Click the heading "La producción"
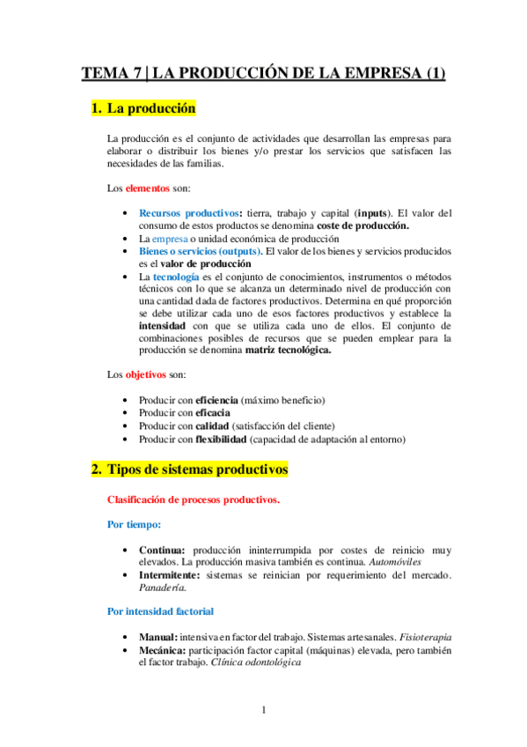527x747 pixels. pyautogui.click(x=150, y=109)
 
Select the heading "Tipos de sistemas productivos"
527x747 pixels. pyautogui.click(x=196, y=470)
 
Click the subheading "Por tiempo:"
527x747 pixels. pyautogui.click(x=134, y=524)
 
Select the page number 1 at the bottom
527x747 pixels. pyautogui.click(x=264, y=710)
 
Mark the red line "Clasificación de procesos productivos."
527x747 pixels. pyautogui.click(x=194, y=499)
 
